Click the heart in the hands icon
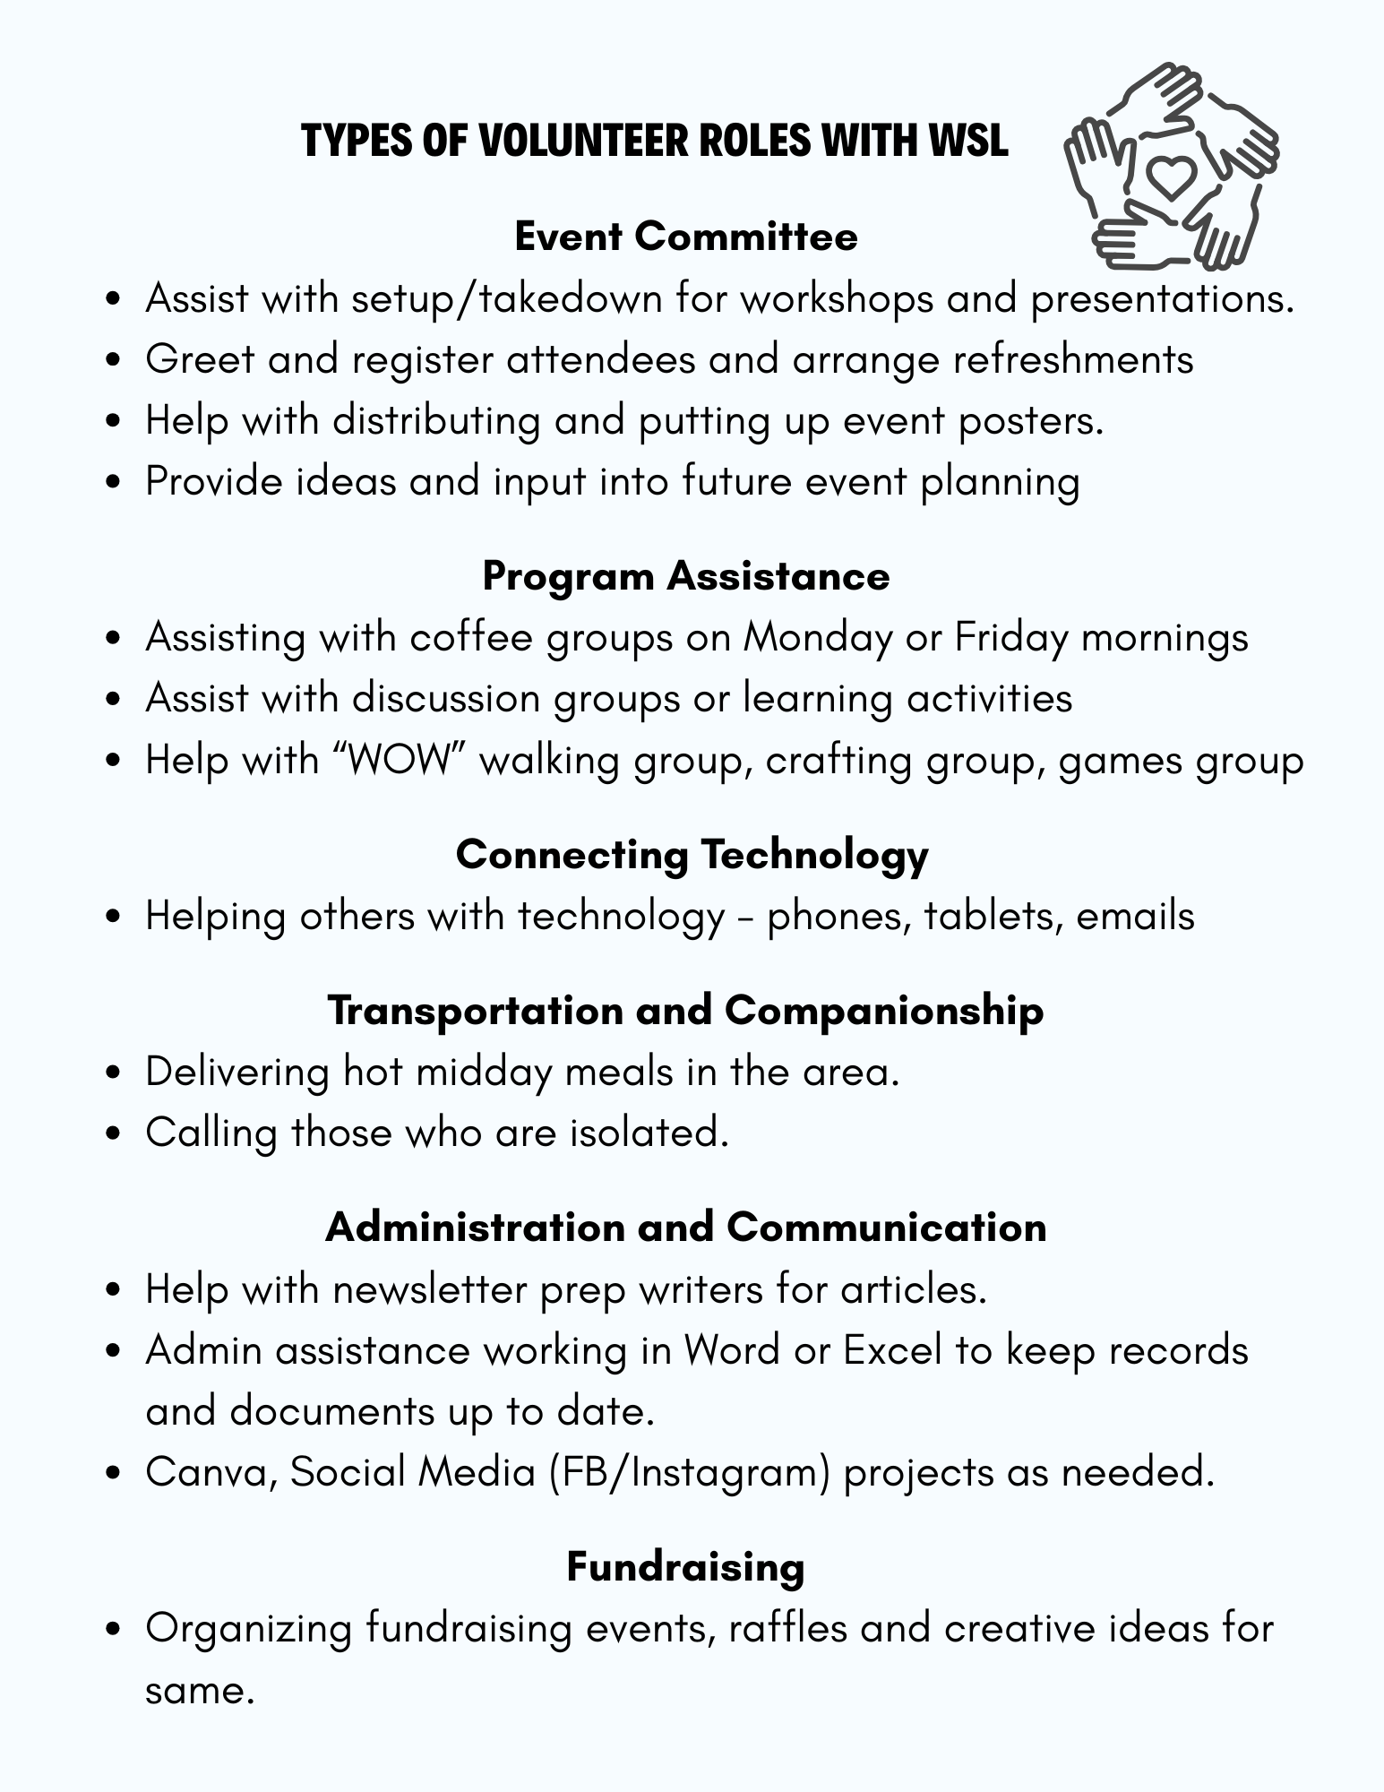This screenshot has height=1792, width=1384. pos(1172,176)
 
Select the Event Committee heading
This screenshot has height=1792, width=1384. pos(686,237)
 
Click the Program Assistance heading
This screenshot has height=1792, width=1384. pos(686,575)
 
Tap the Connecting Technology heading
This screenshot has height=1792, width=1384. pos(692,854)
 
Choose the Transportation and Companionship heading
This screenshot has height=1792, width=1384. pos(686,1010)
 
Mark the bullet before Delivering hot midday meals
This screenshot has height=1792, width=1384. pos(112,1073)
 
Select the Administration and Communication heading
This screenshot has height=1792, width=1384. pos(686,1227)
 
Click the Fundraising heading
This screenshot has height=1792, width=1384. pos(686,1566)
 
